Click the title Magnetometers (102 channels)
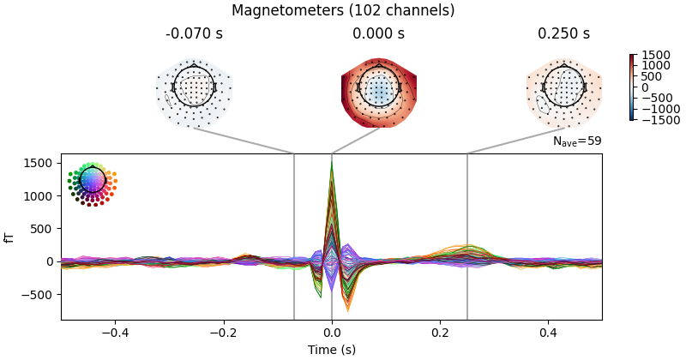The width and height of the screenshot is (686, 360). pyautogui.click(x=343, y=10)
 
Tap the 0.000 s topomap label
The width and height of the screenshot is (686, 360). pyautogui.click(x=379, y=34)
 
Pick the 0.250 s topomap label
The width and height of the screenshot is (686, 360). pyautogui.click(x=563, y=34)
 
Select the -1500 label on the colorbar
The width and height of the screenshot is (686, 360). pyautogui.click(x=659, y=120)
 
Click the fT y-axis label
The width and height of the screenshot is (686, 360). pyautogui.click(x=9, y=237)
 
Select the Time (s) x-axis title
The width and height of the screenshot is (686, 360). pyautogui.click(x=332, y=350)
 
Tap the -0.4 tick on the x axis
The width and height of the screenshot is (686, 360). pyautogui.click(x=115, y=333)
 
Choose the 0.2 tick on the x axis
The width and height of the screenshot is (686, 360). pyautogui.click(x=440, y=333)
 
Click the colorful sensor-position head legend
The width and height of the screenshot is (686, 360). pyautogui.click(x=91, y=182)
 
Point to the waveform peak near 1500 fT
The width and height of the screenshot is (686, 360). pyautogui.click(x=332, y=164)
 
